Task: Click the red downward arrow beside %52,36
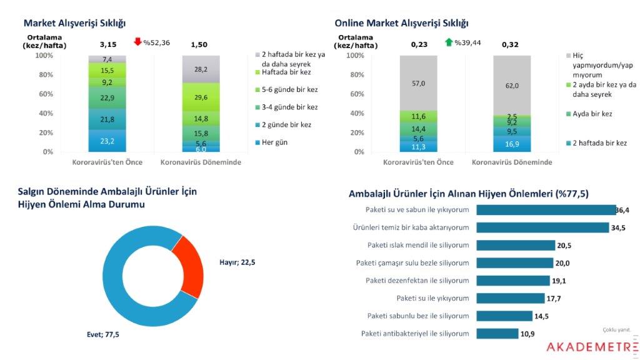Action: (138, 42)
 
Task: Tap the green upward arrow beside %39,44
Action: (448, 42)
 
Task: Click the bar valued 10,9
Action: (497, 334)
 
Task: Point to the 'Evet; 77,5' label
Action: (102, 335)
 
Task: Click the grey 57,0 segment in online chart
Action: (417, 83)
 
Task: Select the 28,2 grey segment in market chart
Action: (201, 69)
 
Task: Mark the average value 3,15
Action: (108, 45)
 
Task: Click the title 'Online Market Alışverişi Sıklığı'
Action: (401, 23)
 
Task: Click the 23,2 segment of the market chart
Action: (107, 141)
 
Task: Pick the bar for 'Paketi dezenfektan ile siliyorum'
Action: (514, 281)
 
